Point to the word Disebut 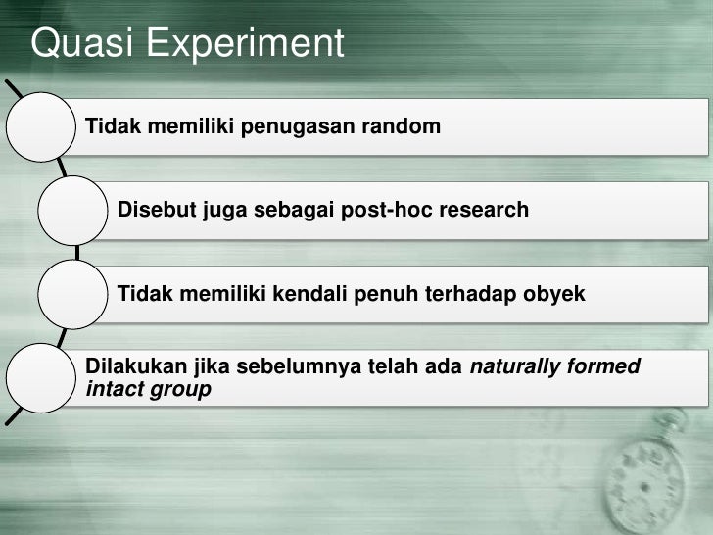(x=156, y=210)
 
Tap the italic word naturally (x=512, y=367)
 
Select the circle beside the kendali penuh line (x=73, y=293)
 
